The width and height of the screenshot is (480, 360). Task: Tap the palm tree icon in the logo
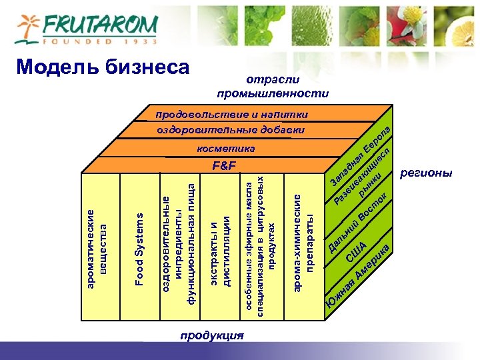coord(28,29)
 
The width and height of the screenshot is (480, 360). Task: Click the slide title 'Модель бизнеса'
coord(103,66)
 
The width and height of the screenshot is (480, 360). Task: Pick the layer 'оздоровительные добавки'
coord(231,130)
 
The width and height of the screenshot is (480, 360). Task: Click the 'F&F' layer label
coord(225,165)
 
